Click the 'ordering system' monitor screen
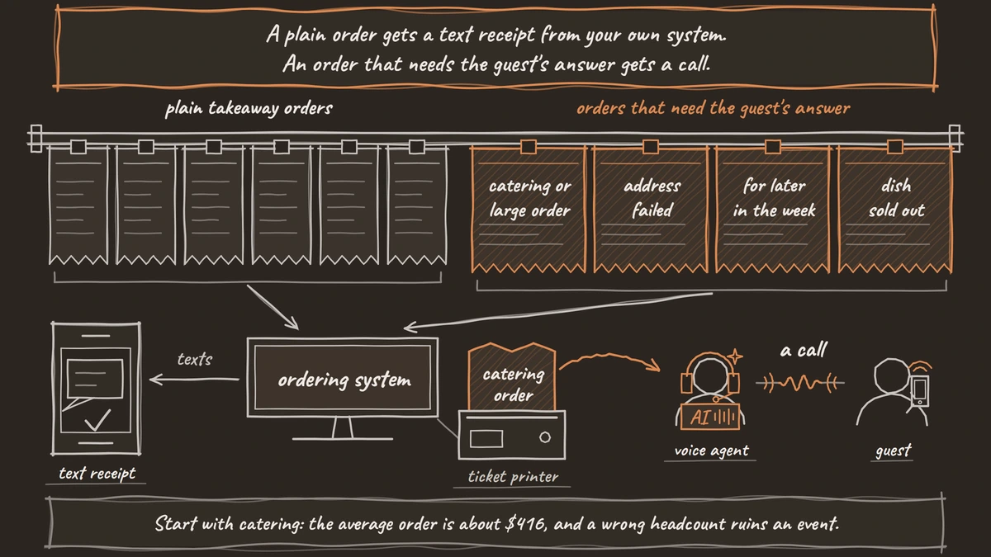343,378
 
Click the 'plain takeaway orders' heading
249,109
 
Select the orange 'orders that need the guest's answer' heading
714,109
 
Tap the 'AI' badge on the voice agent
709,417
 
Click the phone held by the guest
920,391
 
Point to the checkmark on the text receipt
97,420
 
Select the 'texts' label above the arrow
195,359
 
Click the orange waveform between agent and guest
800,383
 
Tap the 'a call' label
803,350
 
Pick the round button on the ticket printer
545,437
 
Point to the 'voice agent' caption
711,451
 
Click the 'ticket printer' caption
513,477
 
